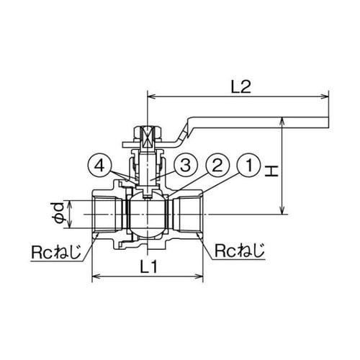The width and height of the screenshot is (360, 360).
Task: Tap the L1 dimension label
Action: [x=149, y=266]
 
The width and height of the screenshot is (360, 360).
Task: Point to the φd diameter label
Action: [x=58, y=214]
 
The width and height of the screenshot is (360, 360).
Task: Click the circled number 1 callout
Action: [x=248, y=166]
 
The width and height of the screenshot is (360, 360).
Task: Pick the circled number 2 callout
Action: [x=217, y=166]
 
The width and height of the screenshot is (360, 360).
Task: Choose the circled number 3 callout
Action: [x=185, y=166]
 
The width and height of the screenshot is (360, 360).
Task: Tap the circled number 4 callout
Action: [x=99, y=166]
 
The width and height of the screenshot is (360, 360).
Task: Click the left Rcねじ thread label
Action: [x=56, y=251]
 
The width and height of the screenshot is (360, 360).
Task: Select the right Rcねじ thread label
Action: [x=240, y=251]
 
